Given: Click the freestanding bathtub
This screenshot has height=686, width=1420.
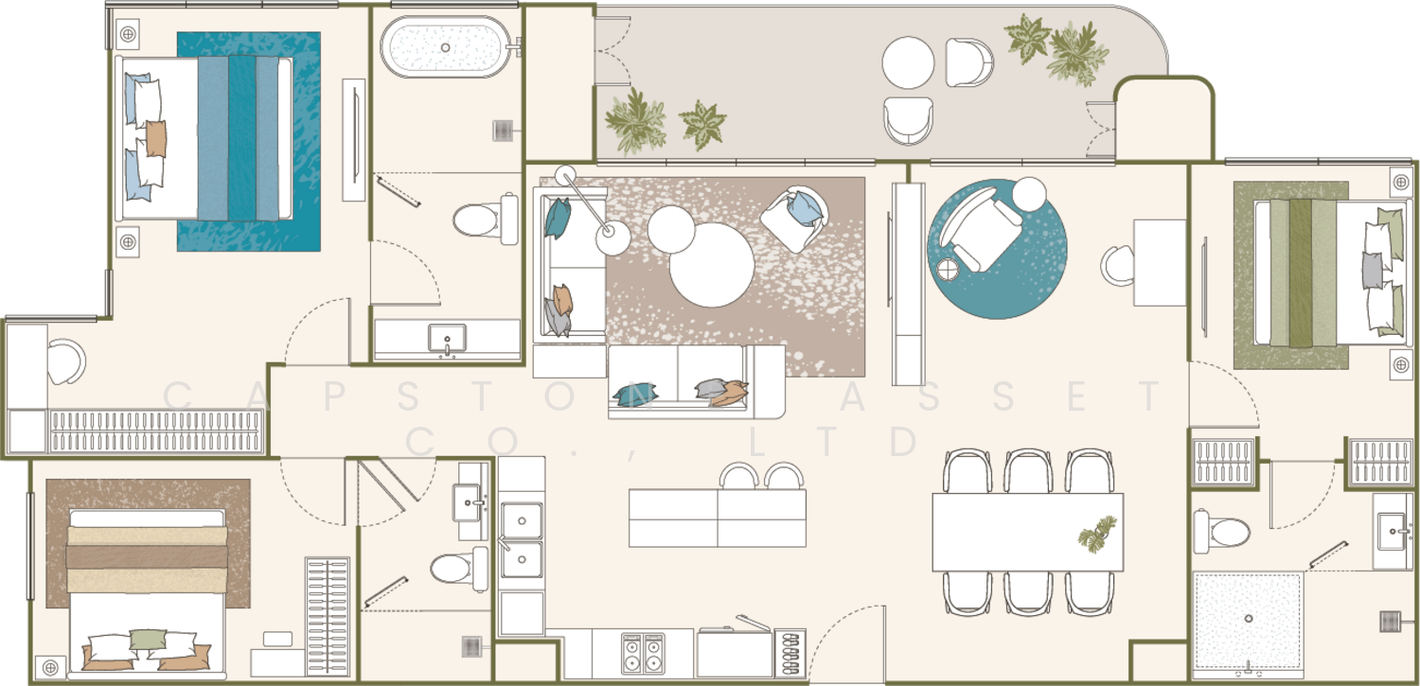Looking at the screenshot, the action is point(445,47).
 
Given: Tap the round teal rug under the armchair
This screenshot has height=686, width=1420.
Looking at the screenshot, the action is point(997,249).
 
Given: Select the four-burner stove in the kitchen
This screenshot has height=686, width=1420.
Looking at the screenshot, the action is point(643,653).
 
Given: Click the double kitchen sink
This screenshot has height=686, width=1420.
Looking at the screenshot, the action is point(522,539).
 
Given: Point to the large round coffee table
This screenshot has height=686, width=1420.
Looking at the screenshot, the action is point(711,265).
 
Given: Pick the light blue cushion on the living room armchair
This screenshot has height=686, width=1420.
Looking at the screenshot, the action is point(805,208).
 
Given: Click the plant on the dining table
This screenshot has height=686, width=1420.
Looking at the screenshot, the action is point(1098,534).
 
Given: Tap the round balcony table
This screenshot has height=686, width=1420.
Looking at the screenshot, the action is point(908,62).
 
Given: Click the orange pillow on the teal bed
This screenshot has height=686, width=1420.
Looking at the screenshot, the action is point(156,139).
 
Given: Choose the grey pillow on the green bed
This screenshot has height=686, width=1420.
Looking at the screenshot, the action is point(1373,271).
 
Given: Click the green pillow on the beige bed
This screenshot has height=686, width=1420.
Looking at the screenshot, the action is point(148,639).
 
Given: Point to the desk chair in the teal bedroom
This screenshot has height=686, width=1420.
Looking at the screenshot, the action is point(66,361).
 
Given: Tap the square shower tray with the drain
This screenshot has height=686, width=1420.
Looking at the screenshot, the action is point(1248,619).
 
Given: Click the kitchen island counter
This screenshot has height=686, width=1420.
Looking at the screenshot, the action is point(717,518).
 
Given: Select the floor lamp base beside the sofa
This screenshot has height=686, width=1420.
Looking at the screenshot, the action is point(612,237).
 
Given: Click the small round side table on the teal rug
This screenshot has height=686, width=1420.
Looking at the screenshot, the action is point(949,270).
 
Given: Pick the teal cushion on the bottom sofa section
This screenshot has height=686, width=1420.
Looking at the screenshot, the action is point(635,394).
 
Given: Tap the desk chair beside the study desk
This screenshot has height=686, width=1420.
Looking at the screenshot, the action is point(1117,265).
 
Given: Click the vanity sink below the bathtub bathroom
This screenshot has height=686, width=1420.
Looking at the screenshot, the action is point(447,338).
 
